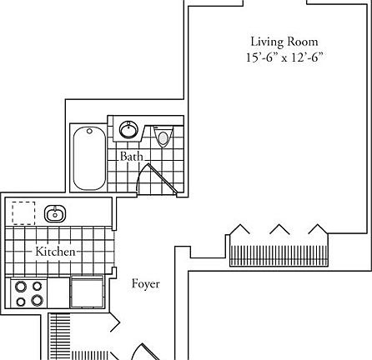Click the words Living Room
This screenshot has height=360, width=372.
coord(284,41)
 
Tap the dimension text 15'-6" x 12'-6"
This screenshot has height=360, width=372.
coord(284,57)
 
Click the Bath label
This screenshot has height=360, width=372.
coord(131,156)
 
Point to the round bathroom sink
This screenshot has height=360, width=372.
coord(129,130)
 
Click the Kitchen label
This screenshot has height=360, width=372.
coord(56,251)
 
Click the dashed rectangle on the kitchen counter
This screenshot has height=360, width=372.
coord(23,212)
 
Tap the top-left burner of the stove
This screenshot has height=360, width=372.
coord(19,287)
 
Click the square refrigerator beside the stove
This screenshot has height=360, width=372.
coord(86,293)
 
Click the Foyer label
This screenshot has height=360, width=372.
coord(146,284)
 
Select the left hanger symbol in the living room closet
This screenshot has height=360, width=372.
coord(242,228)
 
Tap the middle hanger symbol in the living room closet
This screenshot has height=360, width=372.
coord(279,228)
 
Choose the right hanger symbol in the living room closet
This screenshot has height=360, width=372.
coord(317,228)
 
